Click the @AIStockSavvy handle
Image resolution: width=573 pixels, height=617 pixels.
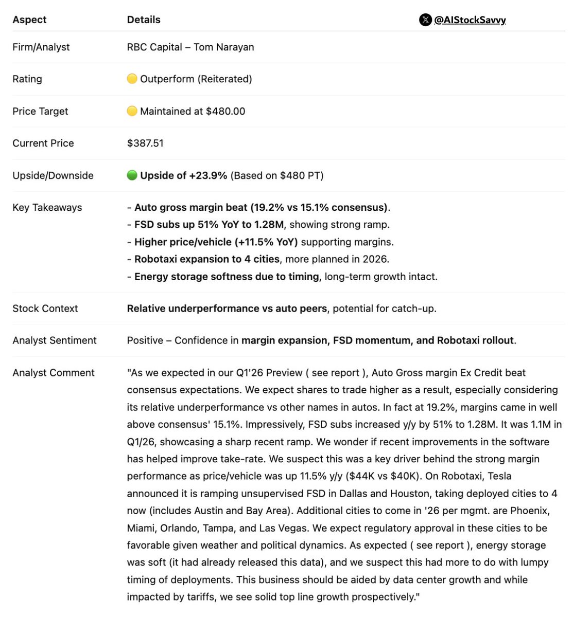tap(470, 20)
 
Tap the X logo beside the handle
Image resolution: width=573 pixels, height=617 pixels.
tap(425, 20)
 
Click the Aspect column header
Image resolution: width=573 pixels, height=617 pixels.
tap(29, 20)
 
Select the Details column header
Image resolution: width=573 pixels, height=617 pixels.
tap(144, 20)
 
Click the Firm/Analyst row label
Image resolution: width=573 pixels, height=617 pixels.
tap(41, 47)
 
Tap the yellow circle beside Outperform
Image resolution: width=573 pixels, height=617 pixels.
tap(132, 79)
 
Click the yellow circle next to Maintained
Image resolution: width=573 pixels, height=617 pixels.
tap(132, 111)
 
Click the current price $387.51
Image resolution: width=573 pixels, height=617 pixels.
tap(145, 143)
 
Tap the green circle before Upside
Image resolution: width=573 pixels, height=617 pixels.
tap(132, 175)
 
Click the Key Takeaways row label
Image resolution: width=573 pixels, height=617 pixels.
tap(47, 208)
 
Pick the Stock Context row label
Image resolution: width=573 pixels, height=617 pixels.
tap(45, 308)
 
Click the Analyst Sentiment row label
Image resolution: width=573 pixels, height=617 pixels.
tap(55, 340)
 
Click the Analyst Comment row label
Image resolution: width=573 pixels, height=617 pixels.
tap(54, 373)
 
